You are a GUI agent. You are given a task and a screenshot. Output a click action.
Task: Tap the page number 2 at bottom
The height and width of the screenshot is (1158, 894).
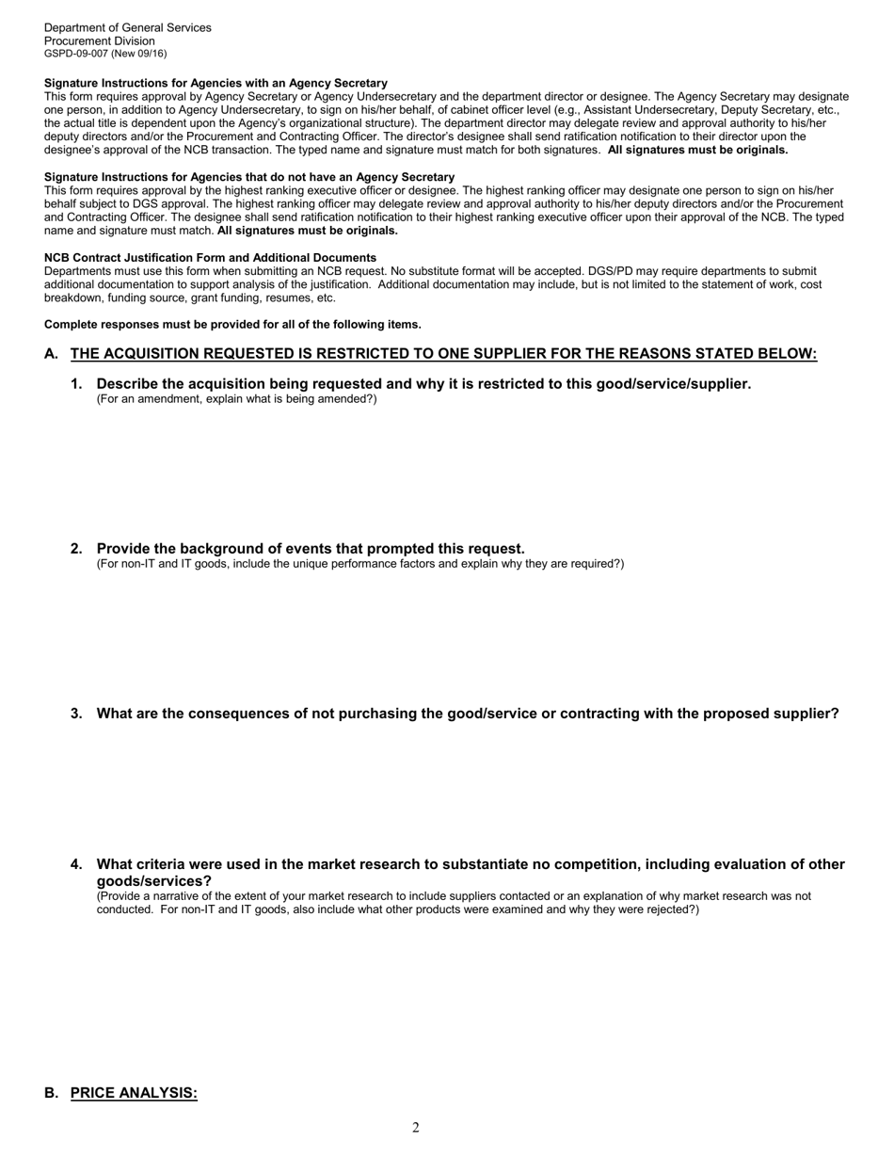pyautogui.click(x=416, y=1128)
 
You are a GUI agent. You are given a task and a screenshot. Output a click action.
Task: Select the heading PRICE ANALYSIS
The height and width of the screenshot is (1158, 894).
pyautogui.click(x=134, y=1093)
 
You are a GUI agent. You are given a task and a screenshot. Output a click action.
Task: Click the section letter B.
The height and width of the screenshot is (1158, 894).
pyautogui.click(x=51, y=1093)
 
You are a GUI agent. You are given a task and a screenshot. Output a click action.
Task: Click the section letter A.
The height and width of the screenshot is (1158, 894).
pyautogui.click(x=51, y=354)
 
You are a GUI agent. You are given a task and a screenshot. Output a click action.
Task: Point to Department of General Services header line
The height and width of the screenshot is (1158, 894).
pyautogui.click(x=127, y=27)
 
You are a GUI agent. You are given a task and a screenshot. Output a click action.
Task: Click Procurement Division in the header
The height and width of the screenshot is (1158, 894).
pyautogui.click(x=99, y=40)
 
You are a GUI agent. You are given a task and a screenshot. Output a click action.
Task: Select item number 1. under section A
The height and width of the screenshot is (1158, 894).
pyautogui.click(x=76, y=384)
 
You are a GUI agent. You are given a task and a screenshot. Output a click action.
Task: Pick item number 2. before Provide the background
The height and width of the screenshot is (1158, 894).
pyautogui.click(x=76, y=549)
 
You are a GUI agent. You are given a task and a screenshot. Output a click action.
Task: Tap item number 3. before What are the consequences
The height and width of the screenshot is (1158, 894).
pyautogui.click(x=76, y=714)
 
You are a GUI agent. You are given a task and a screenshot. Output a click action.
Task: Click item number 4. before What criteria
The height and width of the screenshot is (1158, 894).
pyautogui.click(x=76, y=864)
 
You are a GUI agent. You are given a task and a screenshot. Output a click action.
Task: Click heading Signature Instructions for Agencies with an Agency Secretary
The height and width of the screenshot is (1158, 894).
pyautogui.click(x=216, y=84)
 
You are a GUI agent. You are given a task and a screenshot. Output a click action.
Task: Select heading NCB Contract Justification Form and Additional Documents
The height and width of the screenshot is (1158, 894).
pyautogui.click(x=210, y=258)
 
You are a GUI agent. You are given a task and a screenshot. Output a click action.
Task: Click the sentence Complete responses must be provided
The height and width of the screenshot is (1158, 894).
pyautogui.click(x=232, y=325)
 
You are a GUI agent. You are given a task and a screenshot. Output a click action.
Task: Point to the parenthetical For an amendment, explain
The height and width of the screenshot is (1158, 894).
pyautogui.click(x=236, y=399)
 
